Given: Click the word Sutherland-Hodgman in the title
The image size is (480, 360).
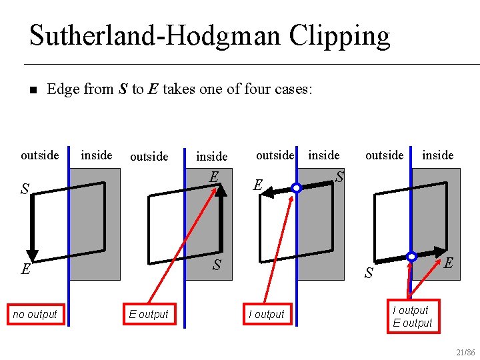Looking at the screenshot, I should coord(155,35).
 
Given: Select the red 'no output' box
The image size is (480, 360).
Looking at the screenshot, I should coord(35,314).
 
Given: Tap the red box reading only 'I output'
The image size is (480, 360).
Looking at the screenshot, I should coord(266,314).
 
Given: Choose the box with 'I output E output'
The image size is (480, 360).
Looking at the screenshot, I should coord(412,317).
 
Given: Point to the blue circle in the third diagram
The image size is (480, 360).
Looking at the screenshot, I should coord(297,189).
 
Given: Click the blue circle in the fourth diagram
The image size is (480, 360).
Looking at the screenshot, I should coord(412,256).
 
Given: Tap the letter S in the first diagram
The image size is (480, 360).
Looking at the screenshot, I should coord(25,189).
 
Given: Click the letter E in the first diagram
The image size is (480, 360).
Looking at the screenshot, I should coord(25,269).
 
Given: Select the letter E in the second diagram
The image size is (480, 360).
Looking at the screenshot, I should coord(213,177).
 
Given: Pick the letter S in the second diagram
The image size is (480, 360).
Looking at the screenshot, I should coord(217,265).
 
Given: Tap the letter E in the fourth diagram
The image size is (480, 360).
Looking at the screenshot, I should coord(449,263).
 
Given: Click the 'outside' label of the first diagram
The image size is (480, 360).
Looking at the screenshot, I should coord(40,155).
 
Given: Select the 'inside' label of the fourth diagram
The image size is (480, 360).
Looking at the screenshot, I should coord(438,155).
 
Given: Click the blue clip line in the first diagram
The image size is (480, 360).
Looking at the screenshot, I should coord(68,233).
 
